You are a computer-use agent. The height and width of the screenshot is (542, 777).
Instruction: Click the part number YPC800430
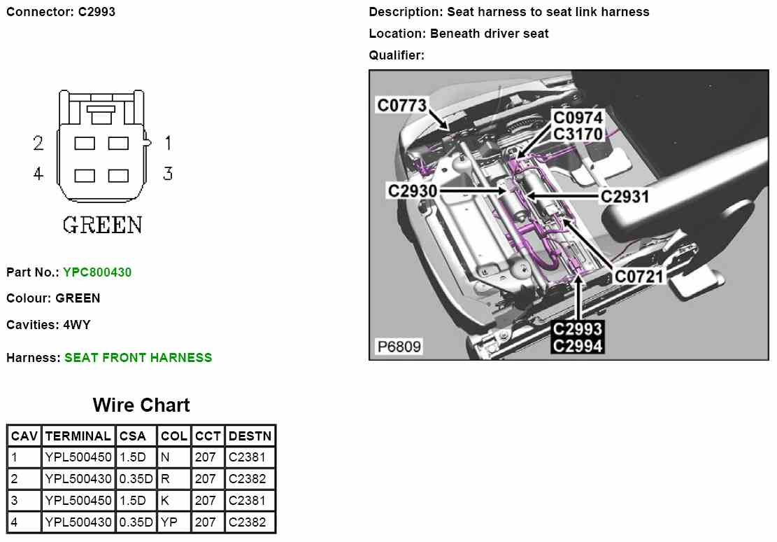(97, 272)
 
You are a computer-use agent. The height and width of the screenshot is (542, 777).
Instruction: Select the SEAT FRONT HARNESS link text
(138, 357)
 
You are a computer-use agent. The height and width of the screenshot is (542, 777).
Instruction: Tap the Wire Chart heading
(141, 405)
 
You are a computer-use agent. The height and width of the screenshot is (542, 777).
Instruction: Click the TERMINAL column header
(78, 436)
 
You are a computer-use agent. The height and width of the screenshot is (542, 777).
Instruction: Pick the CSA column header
(133, 436)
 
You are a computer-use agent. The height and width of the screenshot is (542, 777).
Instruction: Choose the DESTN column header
(250, 436)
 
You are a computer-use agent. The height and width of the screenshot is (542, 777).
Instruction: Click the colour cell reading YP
(169, 522)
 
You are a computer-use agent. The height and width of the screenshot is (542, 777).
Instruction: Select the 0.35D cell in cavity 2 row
(136, 479)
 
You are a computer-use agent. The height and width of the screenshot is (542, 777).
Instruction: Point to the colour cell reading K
(165, 501)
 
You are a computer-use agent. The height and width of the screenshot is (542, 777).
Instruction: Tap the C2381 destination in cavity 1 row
(247, 457)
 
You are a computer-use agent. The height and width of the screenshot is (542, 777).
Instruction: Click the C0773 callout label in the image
(401, 106)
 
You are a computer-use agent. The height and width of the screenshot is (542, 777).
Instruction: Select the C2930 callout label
(413, 190)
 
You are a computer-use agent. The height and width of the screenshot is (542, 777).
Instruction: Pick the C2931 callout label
(625, 197)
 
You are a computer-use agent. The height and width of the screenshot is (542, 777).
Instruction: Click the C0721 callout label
(639, 277)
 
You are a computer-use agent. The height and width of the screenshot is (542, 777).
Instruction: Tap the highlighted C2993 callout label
(578, 329)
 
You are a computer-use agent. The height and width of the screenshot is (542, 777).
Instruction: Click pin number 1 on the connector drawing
(168, 143)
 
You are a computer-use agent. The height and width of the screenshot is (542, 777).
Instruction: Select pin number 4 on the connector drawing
(38, 173)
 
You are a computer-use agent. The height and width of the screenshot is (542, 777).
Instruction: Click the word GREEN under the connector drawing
(103, 225)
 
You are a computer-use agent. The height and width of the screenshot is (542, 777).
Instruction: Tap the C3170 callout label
(578, 133)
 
